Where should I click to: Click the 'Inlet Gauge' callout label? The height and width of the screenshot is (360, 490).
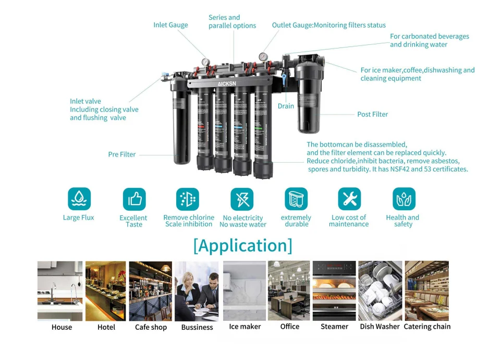(x=170, y=25)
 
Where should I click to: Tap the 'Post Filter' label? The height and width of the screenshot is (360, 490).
(x=372, y=114)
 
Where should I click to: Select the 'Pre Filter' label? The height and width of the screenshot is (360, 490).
(x=122, y=154)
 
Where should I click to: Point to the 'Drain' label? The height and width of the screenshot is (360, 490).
(x=286, y=106)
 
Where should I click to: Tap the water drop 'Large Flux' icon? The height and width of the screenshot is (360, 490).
(x=79, y=199)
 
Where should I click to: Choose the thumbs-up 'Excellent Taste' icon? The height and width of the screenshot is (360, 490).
(x=134, y=199)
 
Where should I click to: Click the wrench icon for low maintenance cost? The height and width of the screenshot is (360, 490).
(x=349, y=199)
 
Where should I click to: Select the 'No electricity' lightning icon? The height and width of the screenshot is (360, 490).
(x=242, y=199)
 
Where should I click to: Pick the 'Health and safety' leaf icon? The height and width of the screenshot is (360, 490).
(x=403, y=199)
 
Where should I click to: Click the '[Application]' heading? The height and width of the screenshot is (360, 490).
(x=243, y=245)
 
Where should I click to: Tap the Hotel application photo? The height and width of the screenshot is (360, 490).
(x=106, y=291)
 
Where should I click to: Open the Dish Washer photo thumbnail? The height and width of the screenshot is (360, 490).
(x=380, y=291)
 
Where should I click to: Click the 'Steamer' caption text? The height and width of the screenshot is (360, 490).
(x=334, y=327)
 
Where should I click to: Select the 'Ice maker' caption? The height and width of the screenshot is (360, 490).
(x=244, y=327)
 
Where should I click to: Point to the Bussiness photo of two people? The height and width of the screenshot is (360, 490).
(x=197, y=291)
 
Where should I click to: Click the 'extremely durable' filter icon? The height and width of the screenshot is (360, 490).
(x=296, y=199)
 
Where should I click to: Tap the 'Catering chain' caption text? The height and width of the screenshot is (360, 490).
(x=427, y=327)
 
